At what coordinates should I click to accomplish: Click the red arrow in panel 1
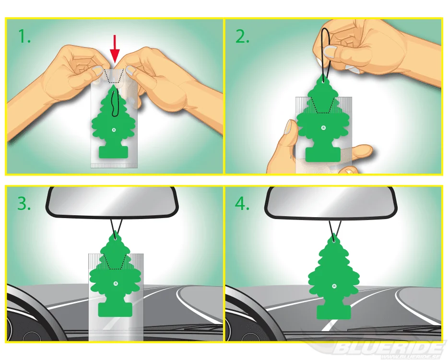click(115, 48)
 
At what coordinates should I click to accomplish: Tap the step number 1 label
click(24, 36)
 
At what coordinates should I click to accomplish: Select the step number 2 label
click(242, 36)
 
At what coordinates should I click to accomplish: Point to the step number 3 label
click(24, 204)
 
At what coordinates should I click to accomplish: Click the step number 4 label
click(242, 204)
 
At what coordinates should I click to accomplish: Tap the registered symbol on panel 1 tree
click(114, 130)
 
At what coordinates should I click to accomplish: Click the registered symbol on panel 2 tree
click(323, 128)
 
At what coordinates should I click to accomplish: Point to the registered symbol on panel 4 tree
click(334, 286)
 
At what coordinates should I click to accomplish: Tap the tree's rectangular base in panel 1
click(113, 152)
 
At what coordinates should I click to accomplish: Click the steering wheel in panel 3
click(43, 308)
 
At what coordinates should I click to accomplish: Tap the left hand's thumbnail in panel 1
click(97, 70)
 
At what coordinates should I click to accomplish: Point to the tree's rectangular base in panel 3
click(115, 310)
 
